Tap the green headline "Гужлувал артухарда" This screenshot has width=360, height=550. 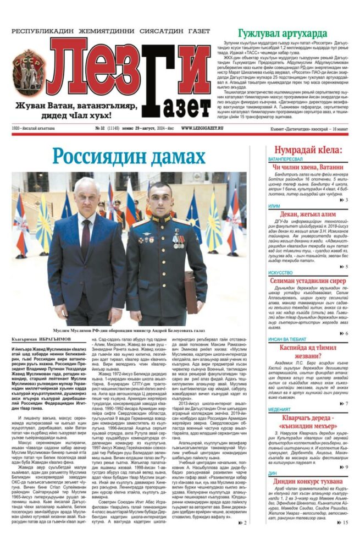pyautogui.click(x=283, y=33)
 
